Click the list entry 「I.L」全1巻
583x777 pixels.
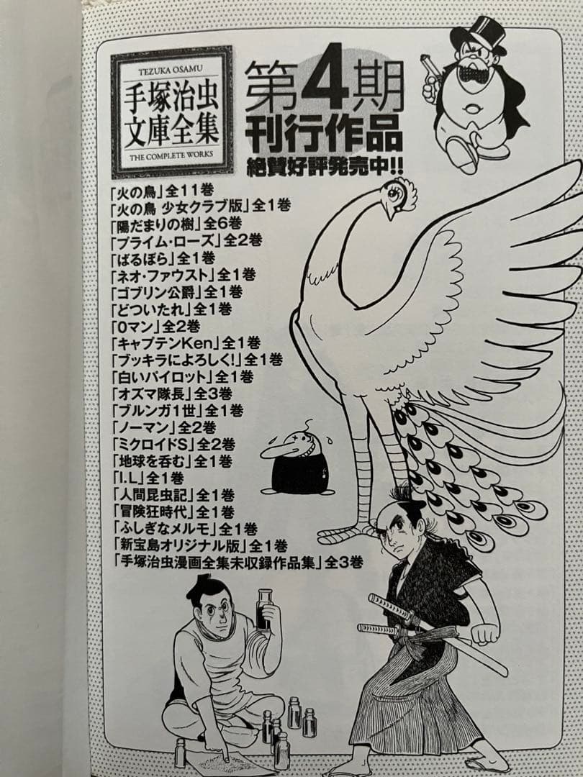pyautogui.click(x=148, y=477)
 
